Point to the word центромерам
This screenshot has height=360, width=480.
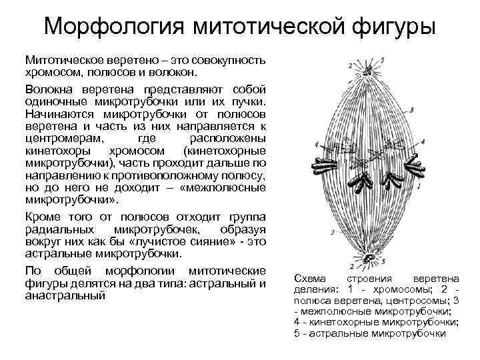(65, 139)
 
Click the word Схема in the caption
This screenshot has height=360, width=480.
(309, 278)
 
